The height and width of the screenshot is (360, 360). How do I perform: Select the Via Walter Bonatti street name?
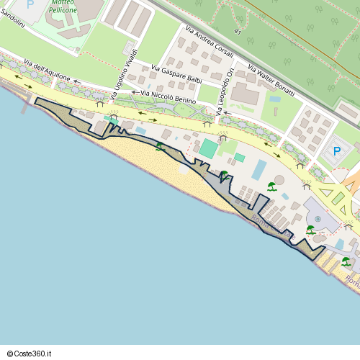[271, 81]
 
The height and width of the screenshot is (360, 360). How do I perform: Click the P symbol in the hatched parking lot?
[336, 152]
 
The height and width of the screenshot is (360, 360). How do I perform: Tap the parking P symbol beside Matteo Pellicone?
[30, 4]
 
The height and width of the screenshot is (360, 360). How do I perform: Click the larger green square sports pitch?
[208, 149]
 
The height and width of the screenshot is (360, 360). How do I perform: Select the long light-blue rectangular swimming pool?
[258, 170]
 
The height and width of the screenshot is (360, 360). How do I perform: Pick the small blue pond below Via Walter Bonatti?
[274, 99]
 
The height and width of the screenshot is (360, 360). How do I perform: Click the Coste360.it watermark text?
[34, 354]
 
